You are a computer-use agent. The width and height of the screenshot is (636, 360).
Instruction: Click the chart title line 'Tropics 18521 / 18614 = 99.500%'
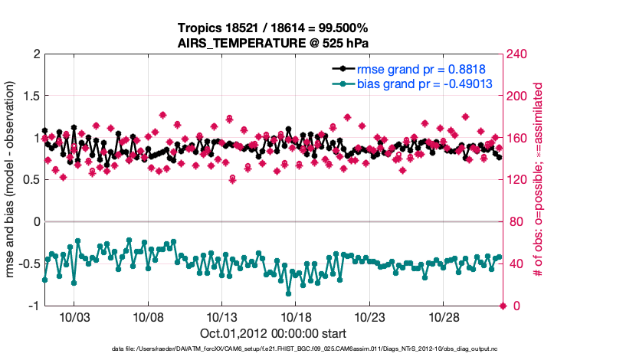click(274, 28)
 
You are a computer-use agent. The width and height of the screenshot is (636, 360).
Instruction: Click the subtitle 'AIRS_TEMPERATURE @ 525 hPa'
click(274, 43)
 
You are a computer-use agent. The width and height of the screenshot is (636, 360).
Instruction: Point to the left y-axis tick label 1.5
click(31, 97)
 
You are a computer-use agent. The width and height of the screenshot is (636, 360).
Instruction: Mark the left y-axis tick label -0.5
click(29, 264)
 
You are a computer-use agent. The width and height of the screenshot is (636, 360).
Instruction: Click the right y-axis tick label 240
click(519, 54)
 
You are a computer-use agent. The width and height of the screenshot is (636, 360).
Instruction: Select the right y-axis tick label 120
click(519, 180)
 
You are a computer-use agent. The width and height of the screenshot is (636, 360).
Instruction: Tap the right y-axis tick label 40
click(516, 264)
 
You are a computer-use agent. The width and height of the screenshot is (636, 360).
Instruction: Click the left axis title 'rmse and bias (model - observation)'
click(12, 180)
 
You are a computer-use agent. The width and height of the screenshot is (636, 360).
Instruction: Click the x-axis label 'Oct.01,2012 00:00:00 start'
click(273, 333)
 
